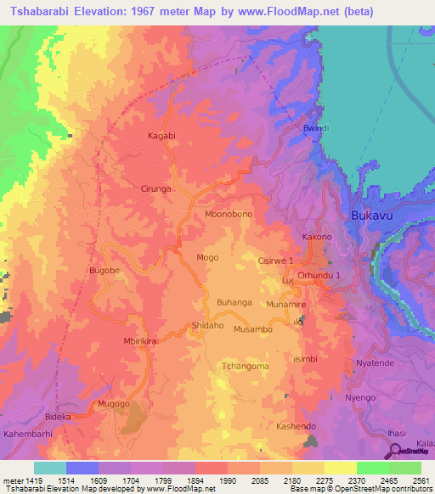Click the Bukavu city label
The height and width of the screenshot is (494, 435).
click(371, 216)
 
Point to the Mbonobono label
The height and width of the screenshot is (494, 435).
click(229, 215)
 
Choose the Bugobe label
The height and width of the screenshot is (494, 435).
click(105, 272)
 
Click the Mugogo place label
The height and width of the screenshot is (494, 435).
click(113, 404)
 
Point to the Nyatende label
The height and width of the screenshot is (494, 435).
click(376, 362)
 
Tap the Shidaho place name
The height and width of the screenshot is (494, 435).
click(207, 326)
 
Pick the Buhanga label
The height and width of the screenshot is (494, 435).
click(234, 302)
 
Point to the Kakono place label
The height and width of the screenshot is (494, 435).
click(316, 237)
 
